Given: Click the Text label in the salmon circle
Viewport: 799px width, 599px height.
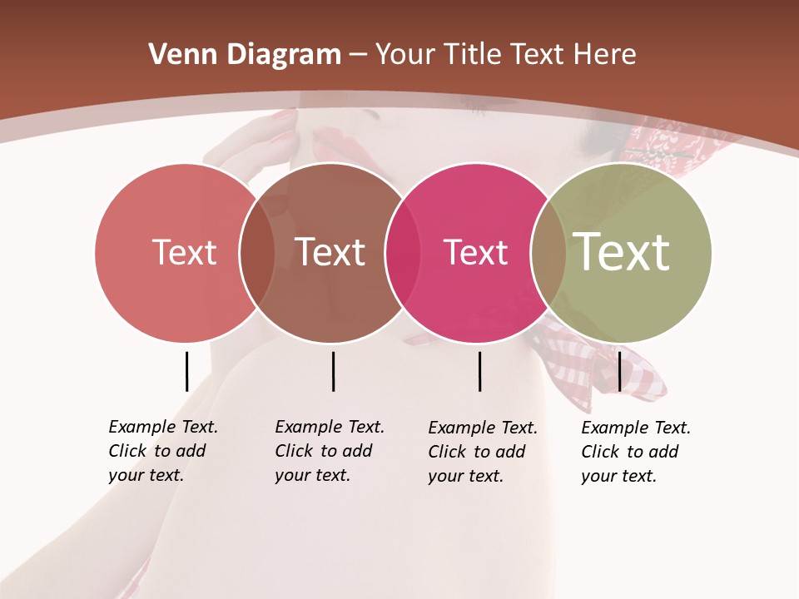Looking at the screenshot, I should click(184, 252).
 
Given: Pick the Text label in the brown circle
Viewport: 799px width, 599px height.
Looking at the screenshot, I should click(330, 252).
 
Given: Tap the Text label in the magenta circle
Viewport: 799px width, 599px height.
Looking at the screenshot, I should click(475, 252).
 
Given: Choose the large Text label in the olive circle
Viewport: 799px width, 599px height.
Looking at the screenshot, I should click(622, 251).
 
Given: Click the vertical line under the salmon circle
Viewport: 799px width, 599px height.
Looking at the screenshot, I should click(187, 371).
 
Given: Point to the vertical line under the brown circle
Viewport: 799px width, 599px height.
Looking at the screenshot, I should click(333, 371).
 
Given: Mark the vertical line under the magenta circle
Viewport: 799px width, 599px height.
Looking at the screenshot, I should click(480, 371).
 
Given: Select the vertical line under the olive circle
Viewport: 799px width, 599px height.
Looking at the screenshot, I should click(619, 371).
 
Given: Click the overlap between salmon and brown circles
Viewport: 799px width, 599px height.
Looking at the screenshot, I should click(257, 252).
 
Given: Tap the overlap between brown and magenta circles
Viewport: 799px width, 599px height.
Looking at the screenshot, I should click(402, 252).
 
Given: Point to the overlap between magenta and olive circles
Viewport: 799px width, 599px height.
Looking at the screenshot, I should click(548, 252).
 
